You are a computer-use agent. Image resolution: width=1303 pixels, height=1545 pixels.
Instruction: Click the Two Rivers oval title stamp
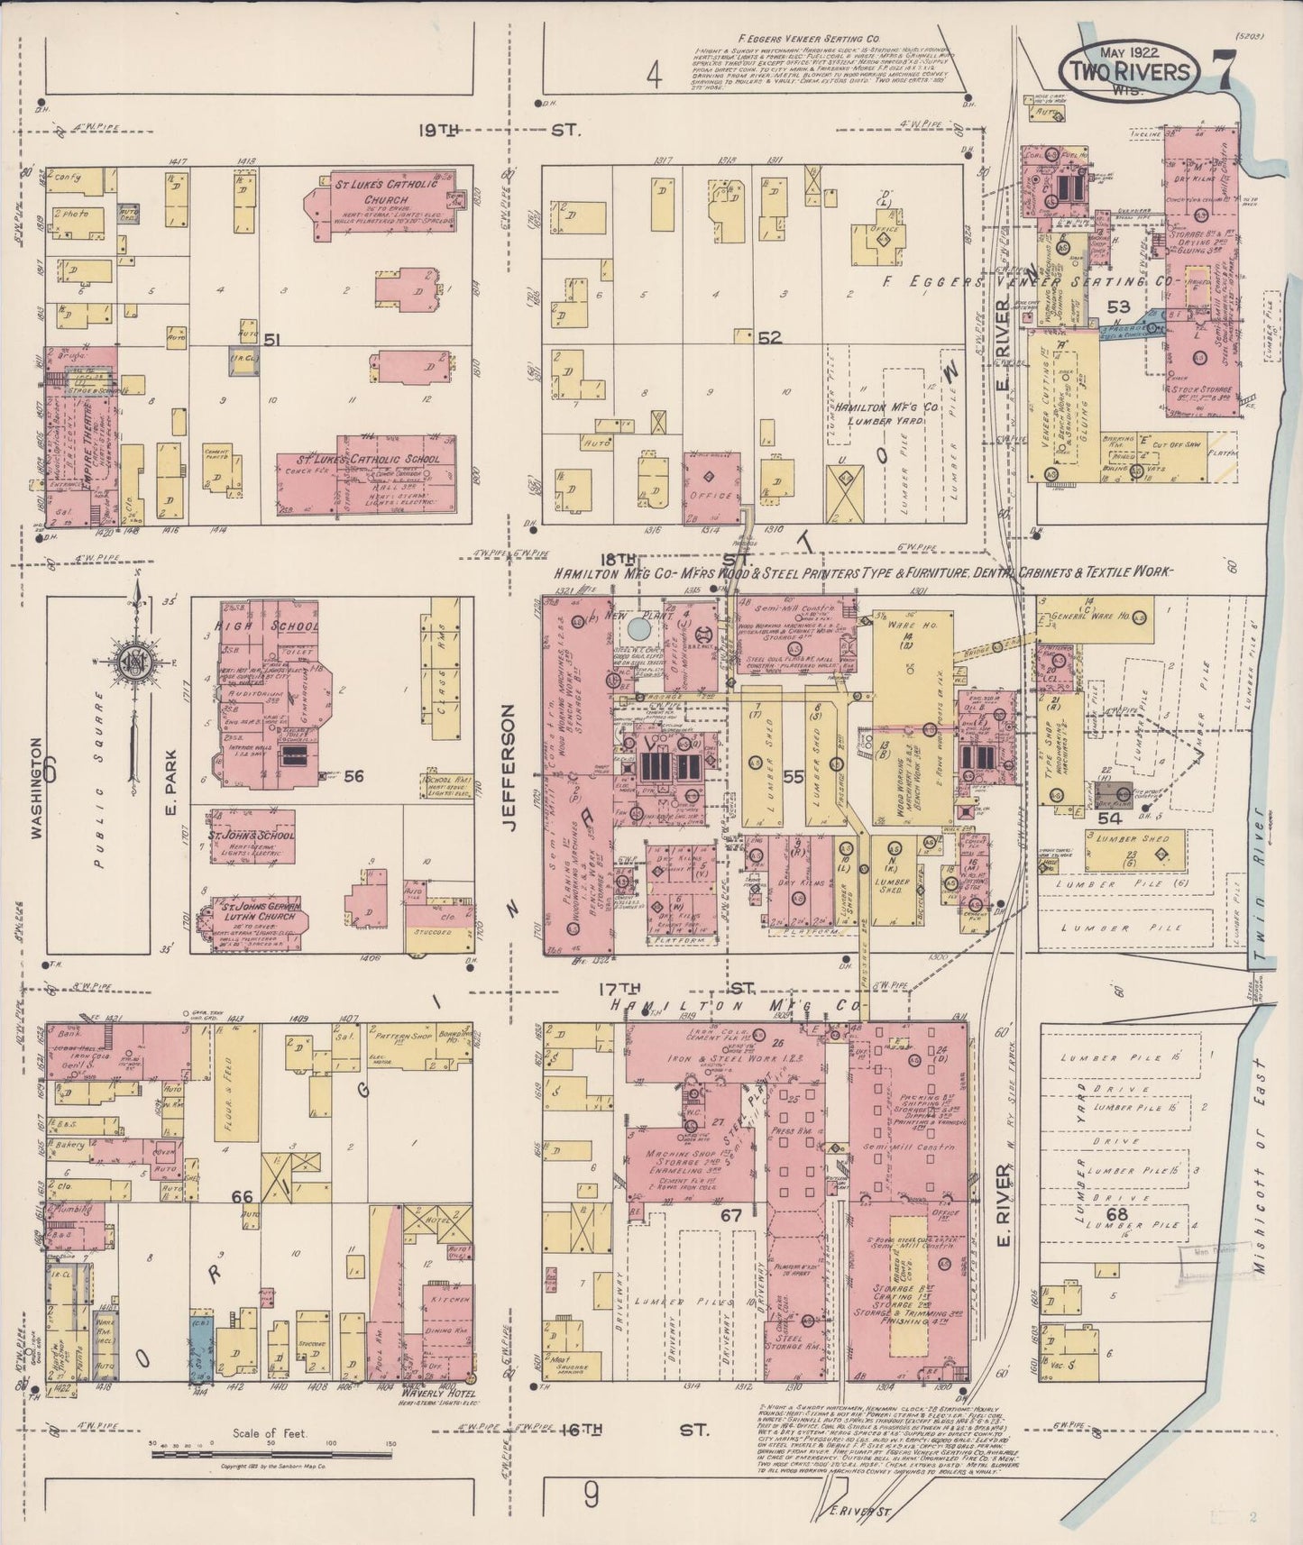(x=1133, y=72)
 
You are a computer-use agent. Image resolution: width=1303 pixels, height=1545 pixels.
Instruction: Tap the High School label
(x=266, y=626)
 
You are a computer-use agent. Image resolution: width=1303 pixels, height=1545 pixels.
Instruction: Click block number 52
(x=768, y=338)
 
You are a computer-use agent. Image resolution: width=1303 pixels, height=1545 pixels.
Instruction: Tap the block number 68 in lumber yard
(x=1116, y=1214)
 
